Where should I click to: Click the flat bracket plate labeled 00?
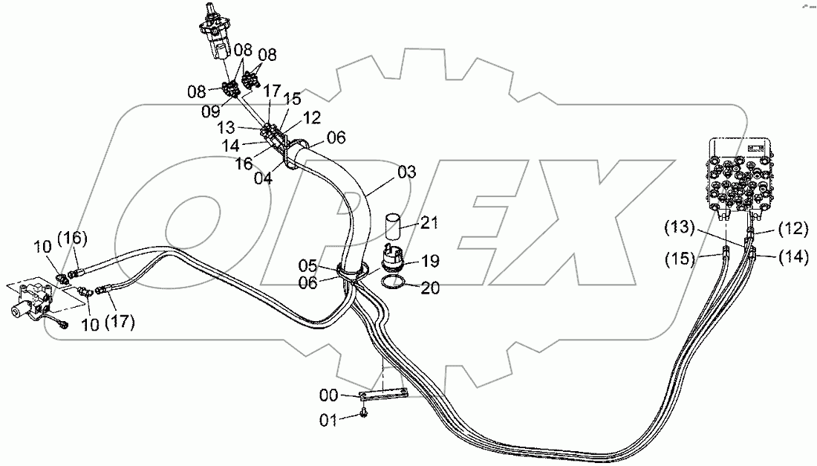[383, 395]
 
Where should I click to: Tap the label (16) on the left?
[76, 238]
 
